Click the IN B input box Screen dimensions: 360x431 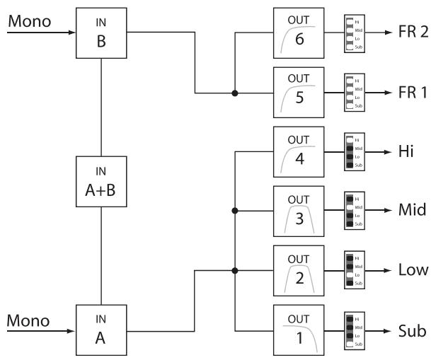point(103,32)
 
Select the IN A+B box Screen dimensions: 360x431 point(103,181)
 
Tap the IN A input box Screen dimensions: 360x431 point(103,330)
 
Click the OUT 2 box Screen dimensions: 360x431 point(298,269)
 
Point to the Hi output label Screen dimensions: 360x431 point(408,151)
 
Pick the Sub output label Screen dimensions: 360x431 point(410,330)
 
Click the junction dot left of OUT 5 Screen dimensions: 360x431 point(235,93)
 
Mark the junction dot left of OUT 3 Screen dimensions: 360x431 point(235,211)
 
